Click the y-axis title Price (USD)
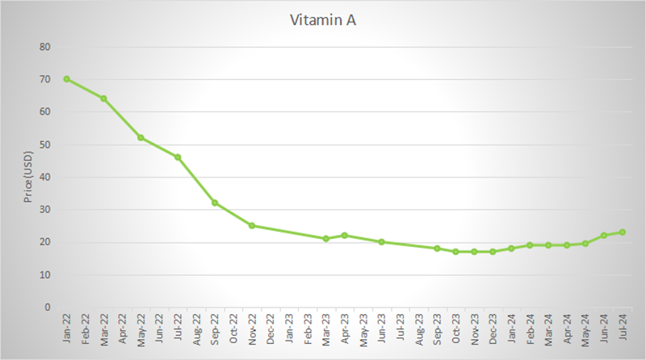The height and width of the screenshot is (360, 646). pos(27,178)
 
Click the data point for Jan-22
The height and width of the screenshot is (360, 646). pos(66,79)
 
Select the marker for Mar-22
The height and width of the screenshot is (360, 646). pos(103,98)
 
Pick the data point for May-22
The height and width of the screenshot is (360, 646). pos(141,138)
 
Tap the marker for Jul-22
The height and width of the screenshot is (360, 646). pos(178,157)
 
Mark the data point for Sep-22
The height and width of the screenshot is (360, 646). pos(215,203)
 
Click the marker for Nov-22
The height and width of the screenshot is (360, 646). pos(252,225)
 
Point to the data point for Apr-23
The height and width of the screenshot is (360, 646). pos(345,236)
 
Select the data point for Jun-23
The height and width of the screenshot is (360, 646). pos(382,242)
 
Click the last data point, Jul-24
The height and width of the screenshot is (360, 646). pos(623,232)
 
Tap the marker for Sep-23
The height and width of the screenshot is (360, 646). pos(437,249)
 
